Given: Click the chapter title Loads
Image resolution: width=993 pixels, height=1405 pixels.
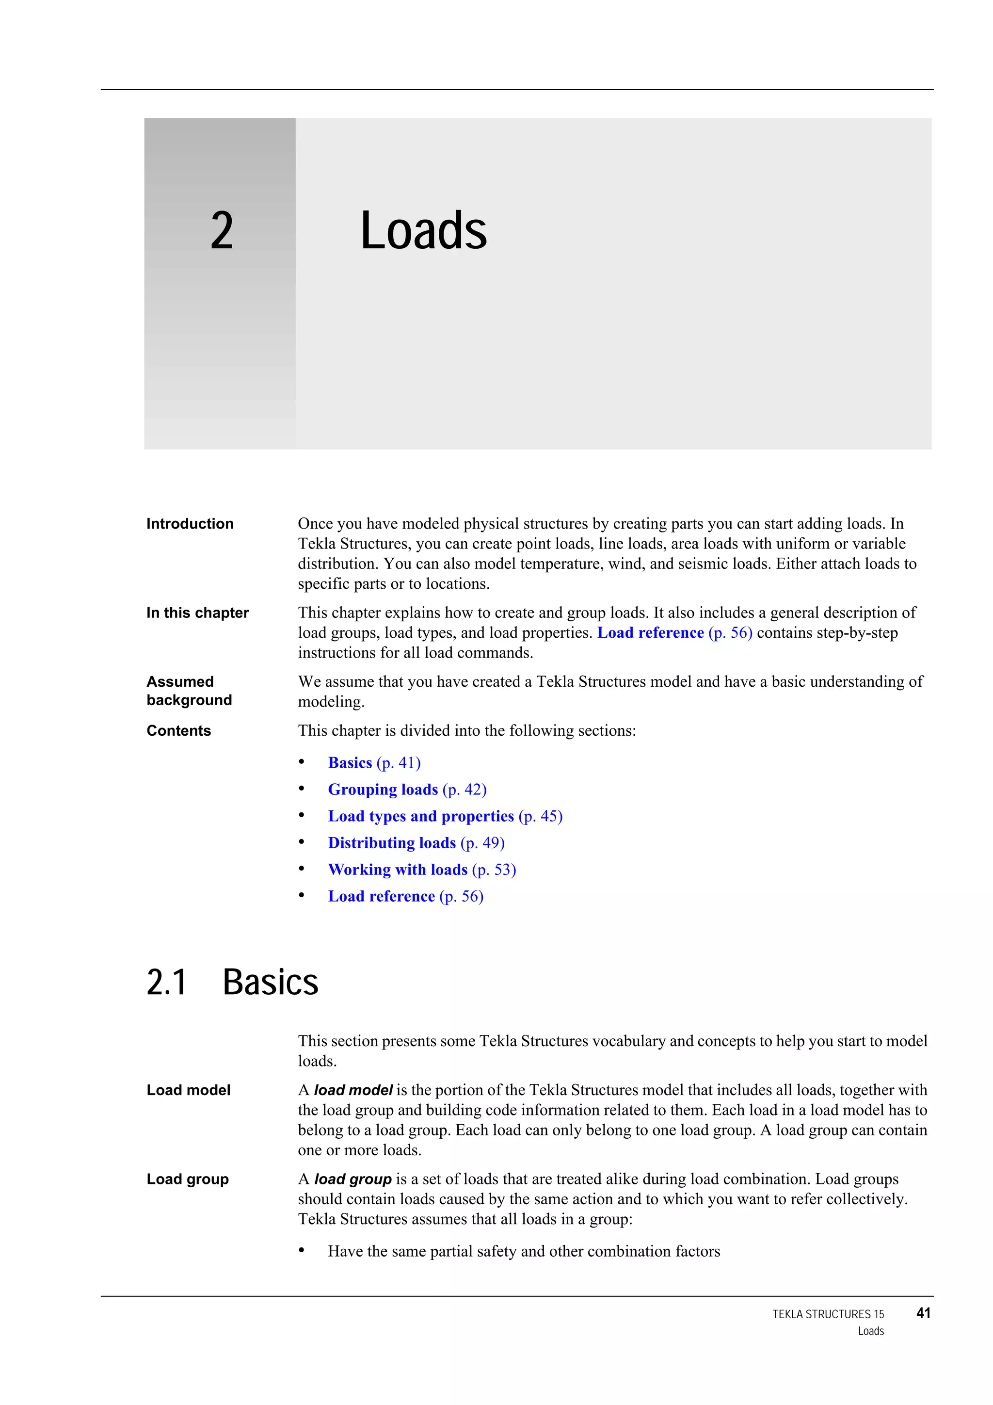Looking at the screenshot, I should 423,231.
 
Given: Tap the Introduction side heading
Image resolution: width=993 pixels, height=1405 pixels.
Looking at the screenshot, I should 190,524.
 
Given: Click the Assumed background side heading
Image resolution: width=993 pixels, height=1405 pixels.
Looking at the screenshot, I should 189,691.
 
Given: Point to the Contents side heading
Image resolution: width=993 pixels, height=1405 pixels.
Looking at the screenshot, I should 178,731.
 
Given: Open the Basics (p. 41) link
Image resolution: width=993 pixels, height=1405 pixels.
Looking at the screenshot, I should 374,762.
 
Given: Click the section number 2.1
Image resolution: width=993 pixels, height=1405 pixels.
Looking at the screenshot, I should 166,983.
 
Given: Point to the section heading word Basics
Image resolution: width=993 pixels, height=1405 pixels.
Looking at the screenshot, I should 271,983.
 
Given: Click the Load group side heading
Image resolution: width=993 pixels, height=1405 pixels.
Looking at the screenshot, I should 187,1179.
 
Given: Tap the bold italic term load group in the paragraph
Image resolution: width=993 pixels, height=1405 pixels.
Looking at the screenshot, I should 352,1179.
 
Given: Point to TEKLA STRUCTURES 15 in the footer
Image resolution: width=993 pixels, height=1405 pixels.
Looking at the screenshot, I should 828,1314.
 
